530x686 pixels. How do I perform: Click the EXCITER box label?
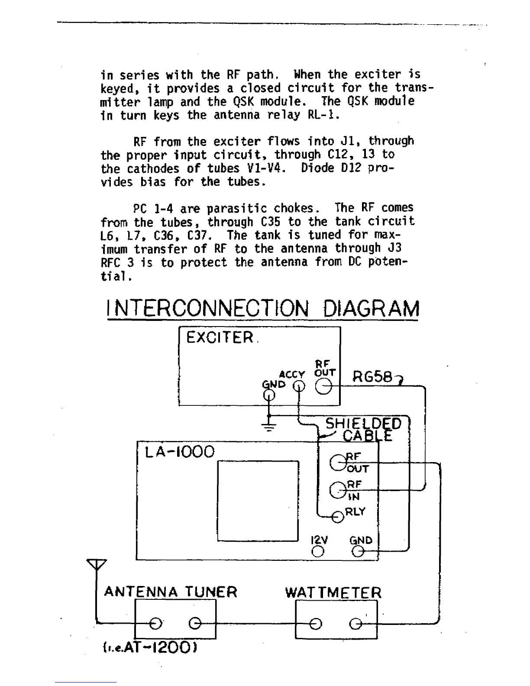(x=220, y=337)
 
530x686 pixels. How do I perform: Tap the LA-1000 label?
(x=180, y=452)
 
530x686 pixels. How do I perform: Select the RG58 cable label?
(x=373, y=377)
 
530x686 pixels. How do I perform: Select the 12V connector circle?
(x=318, y=551)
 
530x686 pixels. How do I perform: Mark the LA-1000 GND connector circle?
(x=358, y=551)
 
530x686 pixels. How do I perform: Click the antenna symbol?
(x=97, y=565)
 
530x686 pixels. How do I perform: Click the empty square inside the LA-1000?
(x=258, y=501)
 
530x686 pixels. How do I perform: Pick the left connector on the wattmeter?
(x=316, y=624)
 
